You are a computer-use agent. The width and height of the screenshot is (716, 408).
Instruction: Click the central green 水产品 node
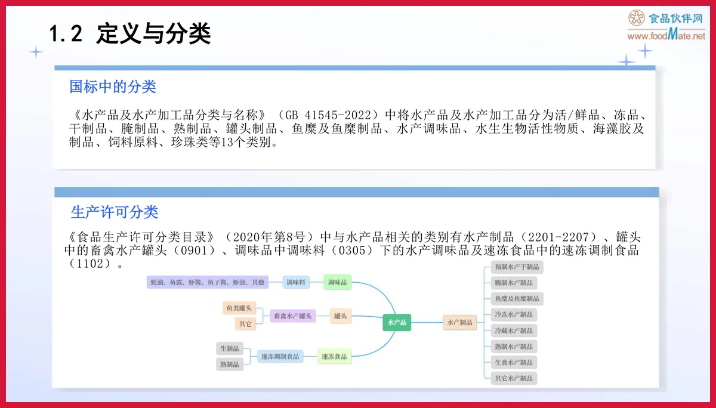tap(397, 322)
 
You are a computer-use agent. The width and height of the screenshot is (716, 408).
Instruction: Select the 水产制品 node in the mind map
tap(459, 323)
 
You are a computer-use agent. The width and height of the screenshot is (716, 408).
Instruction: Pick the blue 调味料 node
tap(296, 282)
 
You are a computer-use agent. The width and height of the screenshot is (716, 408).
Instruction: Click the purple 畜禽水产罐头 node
tap(292, 316)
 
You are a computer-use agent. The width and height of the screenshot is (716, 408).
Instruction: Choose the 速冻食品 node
tap(334, 357)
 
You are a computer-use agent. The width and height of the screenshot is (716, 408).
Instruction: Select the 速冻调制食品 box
tap(280, 357)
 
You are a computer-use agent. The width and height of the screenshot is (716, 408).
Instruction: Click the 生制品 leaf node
tap(230, 348)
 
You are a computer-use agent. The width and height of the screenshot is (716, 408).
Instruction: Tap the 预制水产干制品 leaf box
tap(516, 267)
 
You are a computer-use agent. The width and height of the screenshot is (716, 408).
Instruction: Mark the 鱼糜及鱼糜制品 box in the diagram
tap(516, 298)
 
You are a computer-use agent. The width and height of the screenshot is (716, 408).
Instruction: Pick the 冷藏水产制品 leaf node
tap(514, 330)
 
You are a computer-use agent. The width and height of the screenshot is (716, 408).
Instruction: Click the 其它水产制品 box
tap(514, 378)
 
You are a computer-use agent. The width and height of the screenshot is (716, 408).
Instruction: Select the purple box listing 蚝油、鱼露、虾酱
tap(208, 282)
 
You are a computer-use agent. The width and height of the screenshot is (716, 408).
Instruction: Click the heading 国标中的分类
tap(113, 87)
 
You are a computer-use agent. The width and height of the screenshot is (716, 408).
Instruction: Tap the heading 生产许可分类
tap(115, 212)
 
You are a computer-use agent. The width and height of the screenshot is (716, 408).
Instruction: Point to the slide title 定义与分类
tap(153, 34)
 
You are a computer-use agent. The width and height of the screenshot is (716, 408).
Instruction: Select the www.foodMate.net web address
tap(666, 36)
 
